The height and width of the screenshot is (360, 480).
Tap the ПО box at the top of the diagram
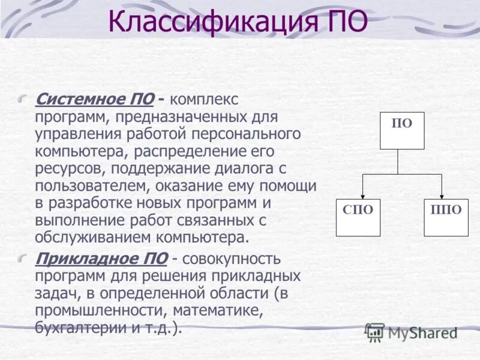pos(402,130)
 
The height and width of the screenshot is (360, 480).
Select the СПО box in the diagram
pos(358,217)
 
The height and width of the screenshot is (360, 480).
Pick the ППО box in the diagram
pos(446,217)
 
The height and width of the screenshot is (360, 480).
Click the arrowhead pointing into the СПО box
pos(362,194)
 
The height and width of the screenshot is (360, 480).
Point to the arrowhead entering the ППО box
pos(442,194)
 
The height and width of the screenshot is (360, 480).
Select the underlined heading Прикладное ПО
pos(101,259)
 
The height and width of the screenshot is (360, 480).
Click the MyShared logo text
pos(422,332)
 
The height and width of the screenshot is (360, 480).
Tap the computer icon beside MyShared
pos(374,332)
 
